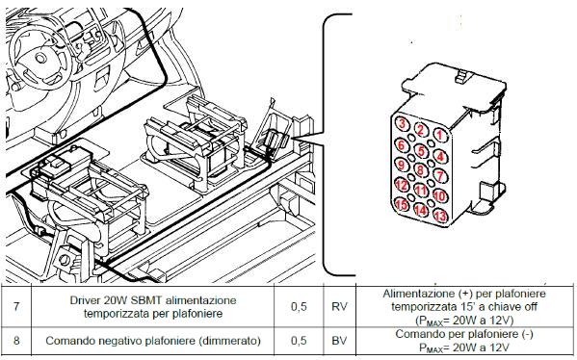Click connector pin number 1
click(x=440, y=135)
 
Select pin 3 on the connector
click(x=402, y=123)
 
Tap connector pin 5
click(x=421, y=150)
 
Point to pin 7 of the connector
click(x=440, y=175)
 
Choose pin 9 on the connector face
click(x=402, y=165)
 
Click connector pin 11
click(x=421, y=191)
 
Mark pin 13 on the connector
click(x=440, y=215)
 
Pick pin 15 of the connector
click(x=402, y=204)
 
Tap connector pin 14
click(x=421, y=210)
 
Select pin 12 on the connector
click(x=402, y=184)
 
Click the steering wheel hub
click(x=40, y=58)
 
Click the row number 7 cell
click(x=16, y=306)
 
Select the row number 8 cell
click(x=16, y=340)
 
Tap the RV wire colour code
click(x=339, y=306)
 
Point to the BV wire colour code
click(x=339, y=340)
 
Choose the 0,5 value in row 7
click(x=299, y=306)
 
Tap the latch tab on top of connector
click(x=463, y=76)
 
